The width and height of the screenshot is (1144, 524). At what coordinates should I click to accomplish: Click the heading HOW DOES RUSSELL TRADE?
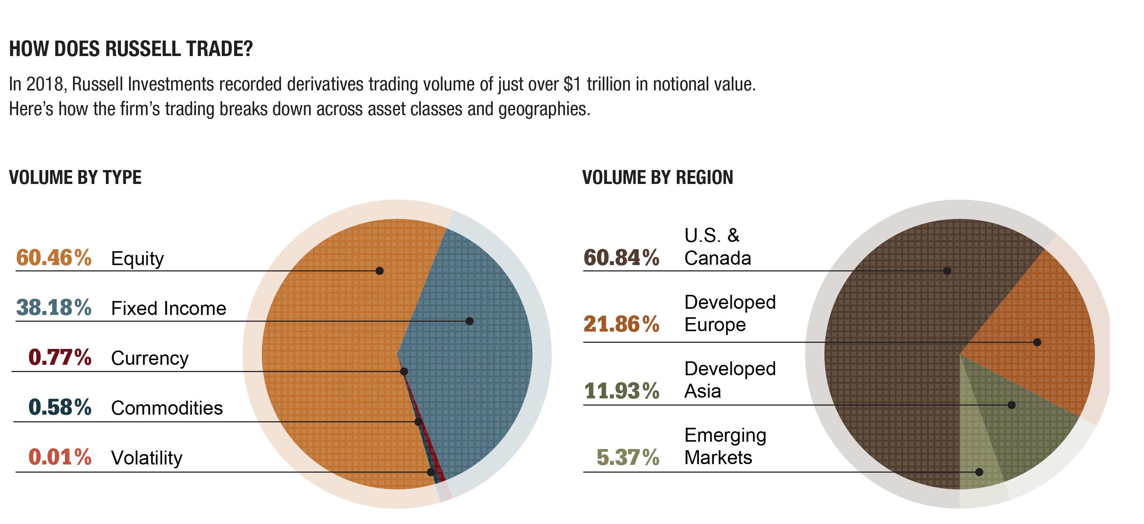pos(131,49)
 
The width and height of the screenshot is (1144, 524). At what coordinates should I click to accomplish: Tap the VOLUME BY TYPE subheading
pos(75,178)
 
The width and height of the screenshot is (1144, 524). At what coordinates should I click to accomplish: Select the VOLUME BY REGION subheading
pos(657,178)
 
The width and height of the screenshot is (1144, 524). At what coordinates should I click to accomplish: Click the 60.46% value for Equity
pos(54,258)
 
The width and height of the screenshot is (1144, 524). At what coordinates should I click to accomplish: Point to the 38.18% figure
pos(54,308)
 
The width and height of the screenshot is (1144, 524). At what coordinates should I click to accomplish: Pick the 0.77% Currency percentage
pos(60,357)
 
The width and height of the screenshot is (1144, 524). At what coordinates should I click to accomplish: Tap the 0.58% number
pos(60,407)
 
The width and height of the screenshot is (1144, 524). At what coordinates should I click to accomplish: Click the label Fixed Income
pos(168,308)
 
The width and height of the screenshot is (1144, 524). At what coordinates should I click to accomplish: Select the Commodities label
pos(167,408)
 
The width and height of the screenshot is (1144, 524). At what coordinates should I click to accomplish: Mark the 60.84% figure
pos(621,258)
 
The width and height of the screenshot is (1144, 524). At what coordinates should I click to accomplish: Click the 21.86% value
pos(621,324)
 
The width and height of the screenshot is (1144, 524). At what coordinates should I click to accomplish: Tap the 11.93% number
pos(621,391)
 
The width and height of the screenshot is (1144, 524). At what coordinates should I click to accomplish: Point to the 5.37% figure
pos(627,458)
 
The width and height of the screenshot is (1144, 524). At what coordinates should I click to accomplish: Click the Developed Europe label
pos(730,313)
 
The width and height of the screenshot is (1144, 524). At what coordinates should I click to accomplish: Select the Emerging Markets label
pos(725,446)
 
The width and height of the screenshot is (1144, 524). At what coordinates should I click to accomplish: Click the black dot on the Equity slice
pos(379,271)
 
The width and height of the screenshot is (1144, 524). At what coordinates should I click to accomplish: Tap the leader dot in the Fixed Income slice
pos(469,321)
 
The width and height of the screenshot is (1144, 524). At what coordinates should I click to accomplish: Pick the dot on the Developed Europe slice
pos(1037,342)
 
